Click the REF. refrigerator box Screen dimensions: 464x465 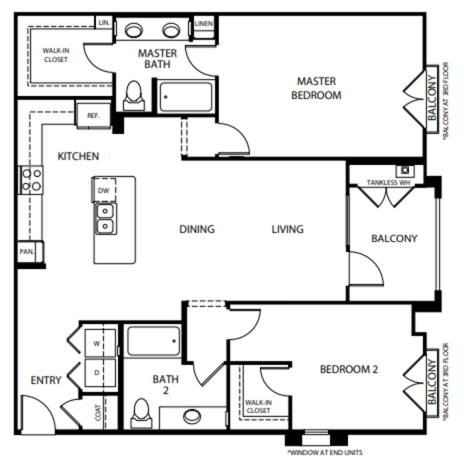point(94,115)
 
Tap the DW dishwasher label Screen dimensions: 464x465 point(104,191)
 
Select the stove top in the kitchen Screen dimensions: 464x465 point(31,180)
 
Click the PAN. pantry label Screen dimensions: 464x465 point(26,252)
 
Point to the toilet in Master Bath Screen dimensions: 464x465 point(134,95)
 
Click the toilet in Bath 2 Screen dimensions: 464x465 point(142,413)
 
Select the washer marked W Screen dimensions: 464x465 point(100,343)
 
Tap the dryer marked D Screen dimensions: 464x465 point(100,373)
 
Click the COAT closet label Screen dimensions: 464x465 point(98,412)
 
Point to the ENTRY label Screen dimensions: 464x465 point(46,381)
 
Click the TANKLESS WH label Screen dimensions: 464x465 point(388,183)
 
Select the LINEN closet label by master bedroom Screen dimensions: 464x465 point(204,23)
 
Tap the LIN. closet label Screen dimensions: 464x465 point(104,22)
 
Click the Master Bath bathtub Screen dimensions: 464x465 point(186,97)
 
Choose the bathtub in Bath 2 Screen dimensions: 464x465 point(153,341)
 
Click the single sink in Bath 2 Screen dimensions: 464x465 point(192,416)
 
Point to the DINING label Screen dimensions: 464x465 point(197,229)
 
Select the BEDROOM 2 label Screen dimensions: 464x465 point(349,369)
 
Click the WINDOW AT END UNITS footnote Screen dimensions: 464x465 point(325,453)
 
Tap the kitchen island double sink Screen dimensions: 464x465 point(105,219)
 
